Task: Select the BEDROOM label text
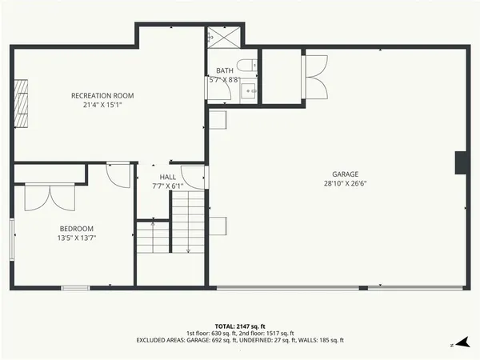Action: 77,227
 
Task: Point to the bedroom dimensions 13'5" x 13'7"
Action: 77,237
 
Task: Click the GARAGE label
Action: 346,174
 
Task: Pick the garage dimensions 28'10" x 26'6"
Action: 346,183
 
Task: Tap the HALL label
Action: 167,177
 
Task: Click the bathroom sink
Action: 249,90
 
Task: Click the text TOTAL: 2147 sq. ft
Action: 240,326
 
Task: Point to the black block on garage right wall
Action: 460,162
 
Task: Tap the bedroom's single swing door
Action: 118,174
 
